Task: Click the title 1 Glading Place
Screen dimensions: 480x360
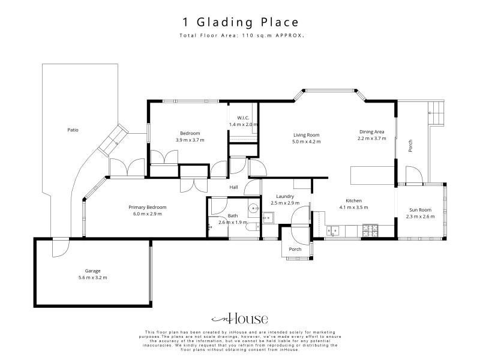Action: (241, 22)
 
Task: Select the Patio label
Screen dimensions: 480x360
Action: (73, 130)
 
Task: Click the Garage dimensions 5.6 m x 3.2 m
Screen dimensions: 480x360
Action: (92, 278)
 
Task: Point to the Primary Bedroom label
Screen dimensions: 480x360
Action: (148, 207)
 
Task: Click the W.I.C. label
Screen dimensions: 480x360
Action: (243, 118)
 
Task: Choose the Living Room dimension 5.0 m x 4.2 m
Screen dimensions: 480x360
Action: (307, 142)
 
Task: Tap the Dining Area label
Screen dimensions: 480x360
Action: (371, 131)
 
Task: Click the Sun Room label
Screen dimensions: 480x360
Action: (421, 209)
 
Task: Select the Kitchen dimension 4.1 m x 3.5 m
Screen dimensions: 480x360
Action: (353, 207)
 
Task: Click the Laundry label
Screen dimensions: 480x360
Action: (285, 196)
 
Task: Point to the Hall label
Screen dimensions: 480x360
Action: (233, 187)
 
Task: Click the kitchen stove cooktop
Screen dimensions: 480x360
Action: (370, 230)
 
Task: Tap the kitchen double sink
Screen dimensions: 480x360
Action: (332, 230)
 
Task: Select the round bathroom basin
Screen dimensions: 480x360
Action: (254, 208)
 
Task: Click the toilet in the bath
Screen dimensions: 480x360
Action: (253, 227)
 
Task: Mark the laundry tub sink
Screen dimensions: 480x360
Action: (268, 218)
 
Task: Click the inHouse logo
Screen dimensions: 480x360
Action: (239, 319)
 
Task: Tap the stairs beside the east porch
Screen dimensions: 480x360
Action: (436, 113)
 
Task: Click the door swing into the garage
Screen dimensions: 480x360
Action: (61, 248)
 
